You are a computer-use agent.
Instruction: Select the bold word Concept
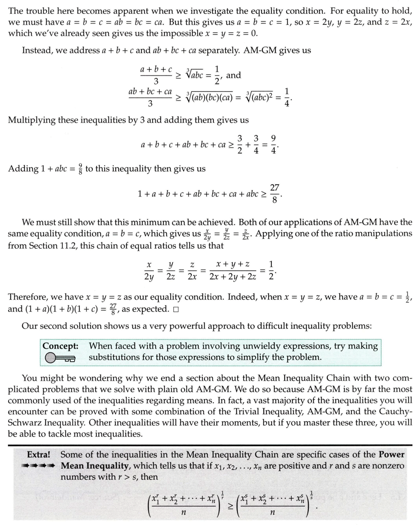60,346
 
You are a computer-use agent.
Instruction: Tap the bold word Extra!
39,454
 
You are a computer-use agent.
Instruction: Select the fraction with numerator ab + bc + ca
150,98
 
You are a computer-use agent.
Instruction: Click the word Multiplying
34,119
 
